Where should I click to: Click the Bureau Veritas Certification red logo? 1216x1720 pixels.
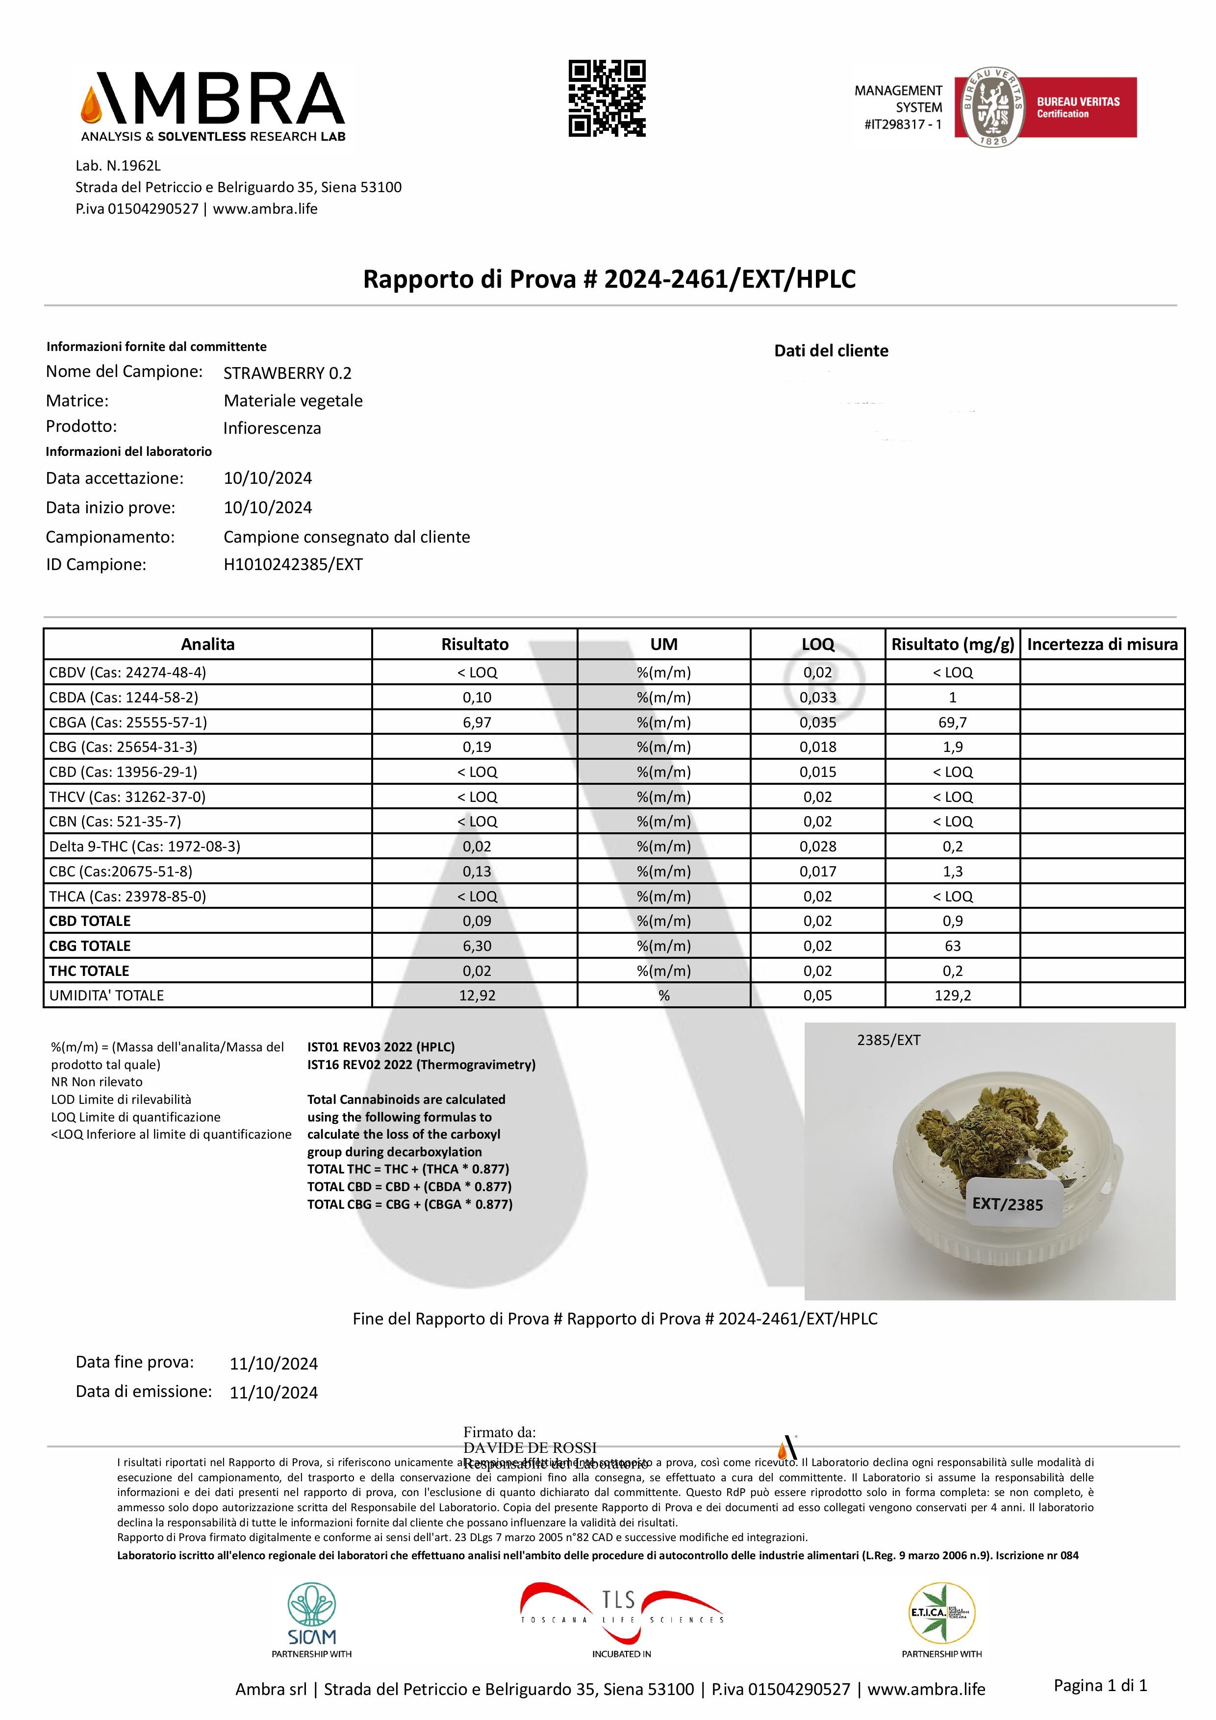coord(1045,107)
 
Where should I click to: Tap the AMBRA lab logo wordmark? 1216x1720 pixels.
coord(213,105)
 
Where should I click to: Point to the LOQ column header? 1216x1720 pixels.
coord(817,644)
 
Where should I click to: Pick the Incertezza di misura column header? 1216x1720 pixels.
coord(1102,644)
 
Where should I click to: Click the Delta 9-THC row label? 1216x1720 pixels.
coord(145,847)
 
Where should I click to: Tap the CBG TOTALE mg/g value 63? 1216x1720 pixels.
coord(952,946)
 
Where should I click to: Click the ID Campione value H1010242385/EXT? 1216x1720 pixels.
coord(293,565)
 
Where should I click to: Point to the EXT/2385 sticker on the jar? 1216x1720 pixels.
coord(1008,1203)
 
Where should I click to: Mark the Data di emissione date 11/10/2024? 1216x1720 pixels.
coord(274,1393)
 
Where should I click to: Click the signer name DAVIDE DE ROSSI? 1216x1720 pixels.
coord(530,1447)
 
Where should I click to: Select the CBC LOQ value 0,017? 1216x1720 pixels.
coord(817,871)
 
